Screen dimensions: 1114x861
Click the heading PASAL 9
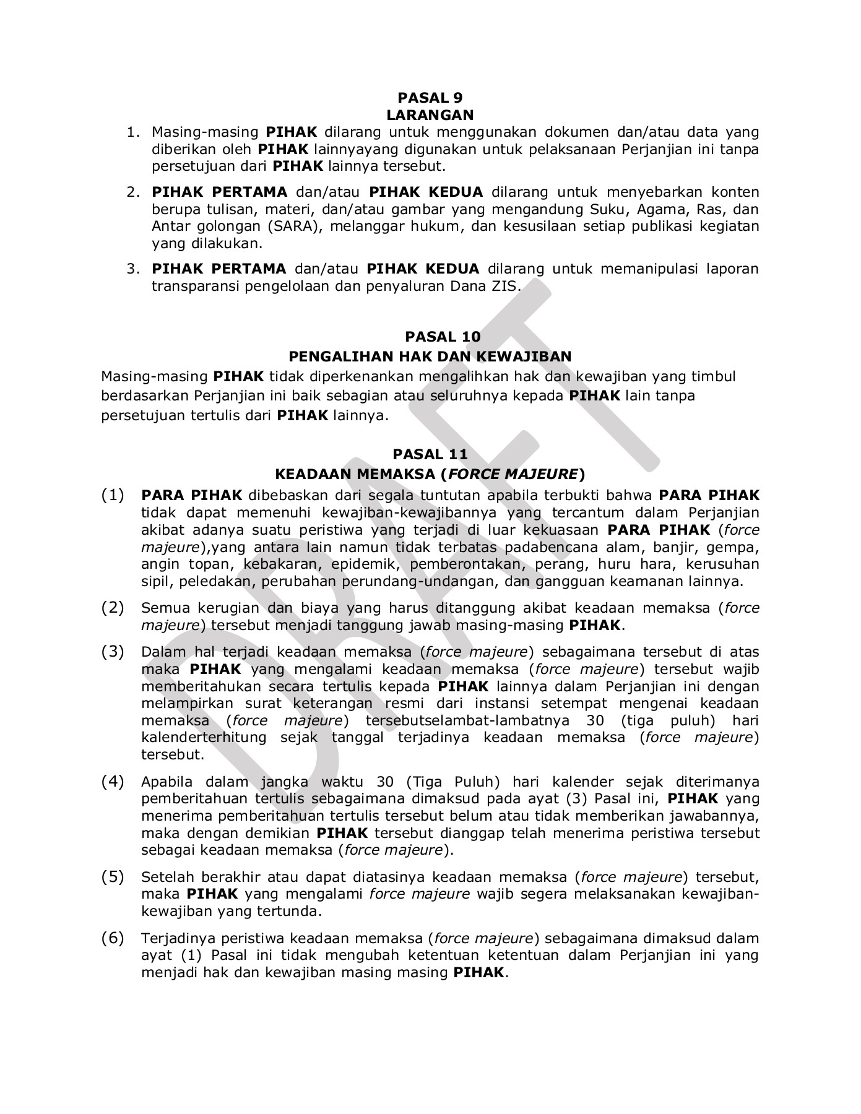(x=430, y=98)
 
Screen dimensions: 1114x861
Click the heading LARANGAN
(x=430, y=115)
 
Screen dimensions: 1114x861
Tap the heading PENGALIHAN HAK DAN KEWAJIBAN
(x=430, y=356)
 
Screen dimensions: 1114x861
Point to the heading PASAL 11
(x=430, y=455)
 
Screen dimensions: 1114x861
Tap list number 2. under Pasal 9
(x=134, y=192)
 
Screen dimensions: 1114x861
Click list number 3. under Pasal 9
(x=134, y=269)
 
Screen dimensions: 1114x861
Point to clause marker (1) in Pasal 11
(x=113, y=495)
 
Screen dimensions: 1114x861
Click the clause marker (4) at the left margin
(x=113, y=782)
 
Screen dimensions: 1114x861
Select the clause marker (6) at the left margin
(x=113, y=938)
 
